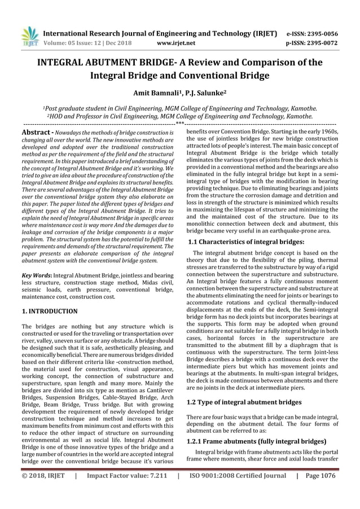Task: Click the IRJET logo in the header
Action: [29, 36]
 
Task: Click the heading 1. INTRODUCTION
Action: [50, 311]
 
